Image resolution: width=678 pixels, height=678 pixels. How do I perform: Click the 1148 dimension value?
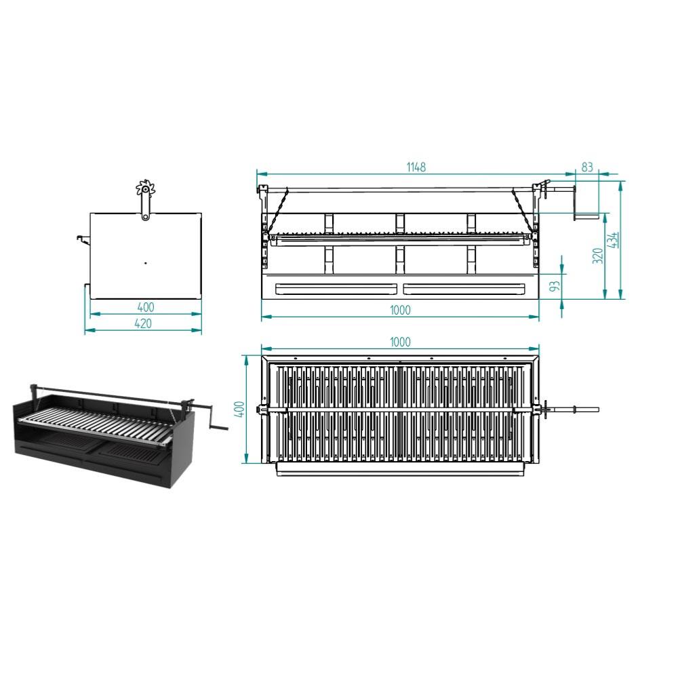[416, 167]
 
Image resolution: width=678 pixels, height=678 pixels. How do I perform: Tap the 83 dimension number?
[586, 167]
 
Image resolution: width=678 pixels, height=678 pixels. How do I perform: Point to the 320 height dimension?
[597, 256]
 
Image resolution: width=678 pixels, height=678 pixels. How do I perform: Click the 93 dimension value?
[555, 286]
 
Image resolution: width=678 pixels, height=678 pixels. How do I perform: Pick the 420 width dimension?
[143, 323]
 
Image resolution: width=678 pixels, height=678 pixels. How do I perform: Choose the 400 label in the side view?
[146, 307]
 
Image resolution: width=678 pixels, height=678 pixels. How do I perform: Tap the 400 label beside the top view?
[241, 409]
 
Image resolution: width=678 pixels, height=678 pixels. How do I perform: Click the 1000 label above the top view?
[400, 342]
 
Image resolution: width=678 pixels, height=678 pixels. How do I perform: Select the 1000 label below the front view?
[400, 310]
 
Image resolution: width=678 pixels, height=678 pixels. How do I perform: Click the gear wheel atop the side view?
[145, 188]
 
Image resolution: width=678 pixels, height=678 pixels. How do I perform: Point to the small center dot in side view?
[146, 262]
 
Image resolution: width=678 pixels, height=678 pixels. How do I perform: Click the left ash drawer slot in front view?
[336, 289]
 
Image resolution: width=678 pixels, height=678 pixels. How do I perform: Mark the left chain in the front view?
[277, 211]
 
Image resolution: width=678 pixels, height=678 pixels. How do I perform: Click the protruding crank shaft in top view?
[574, 409]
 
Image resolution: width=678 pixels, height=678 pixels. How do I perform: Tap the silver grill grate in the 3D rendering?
[95, 425]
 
